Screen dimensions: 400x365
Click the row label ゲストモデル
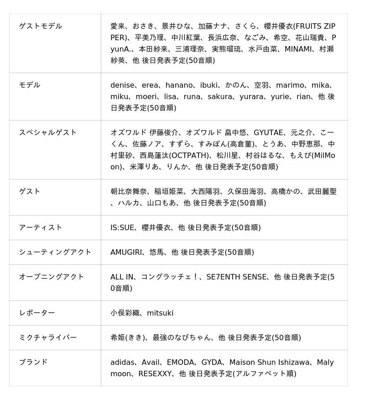41,26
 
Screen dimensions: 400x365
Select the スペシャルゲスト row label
48,132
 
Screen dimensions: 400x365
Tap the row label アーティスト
41,227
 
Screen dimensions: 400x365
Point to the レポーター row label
37,313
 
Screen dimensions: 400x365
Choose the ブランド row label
33,362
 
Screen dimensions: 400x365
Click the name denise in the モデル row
122,85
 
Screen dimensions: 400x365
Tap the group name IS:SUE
122,227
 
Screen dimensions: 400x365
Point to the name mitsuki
160,313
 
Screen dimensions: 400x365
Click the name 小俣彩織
125,313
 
